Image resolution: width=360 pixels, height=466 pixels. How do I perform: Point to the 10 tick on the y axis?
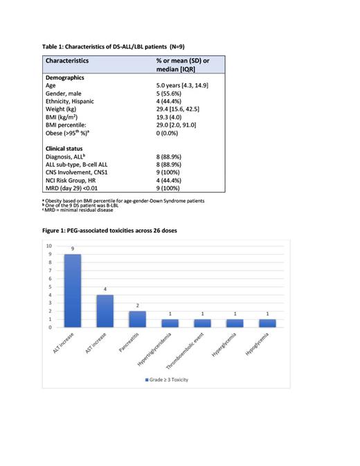[x=48, y=246]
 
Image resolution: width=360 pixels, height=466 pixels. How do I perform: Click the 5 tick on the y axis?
[x=49, y=287]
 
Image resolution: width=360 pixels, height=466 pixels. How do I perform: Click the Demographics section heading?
[x=68, y=76]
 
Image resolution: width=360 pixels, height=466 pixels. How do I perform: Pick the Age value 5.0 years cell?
[x=182, y=84]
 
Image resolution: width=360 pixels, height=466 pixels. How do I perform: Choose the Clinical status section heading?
[x=68, y=149]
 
